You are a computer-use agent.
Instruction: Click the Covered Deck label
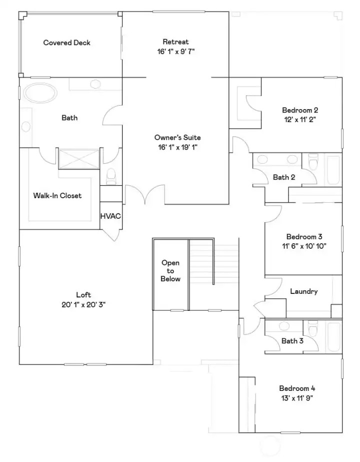(x=66, y=43)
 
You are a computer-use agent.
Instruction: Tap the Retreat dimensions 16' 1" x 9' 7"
(x=175, y=51)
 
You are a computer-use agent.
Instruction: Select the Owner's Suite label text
(x=177, y=137)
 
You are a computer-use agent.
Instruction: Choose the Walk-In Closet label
(x=57, y=195)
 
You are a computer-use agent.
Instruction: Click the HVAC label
(x=110, y=216)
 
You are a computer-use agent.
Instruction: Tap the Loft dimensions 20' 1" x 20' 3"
(x=83, y=304)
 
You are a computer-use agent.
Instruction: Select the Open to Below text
(x=170, y=271)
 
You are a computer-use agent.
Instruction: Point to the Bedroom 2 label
(x=300, y=110)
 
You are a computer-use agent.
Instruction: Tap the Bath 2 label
(x=284, y=177)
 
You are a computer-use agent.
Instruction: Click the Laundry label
(x=303, y=291)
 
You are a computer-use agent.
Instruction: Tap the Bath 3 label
(x=292, y=341)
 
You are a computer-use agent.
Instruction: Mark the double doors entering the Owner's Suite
(x=144, y=195)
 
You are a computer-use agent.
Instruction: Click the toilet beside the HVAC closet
(x=111, y=175)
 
